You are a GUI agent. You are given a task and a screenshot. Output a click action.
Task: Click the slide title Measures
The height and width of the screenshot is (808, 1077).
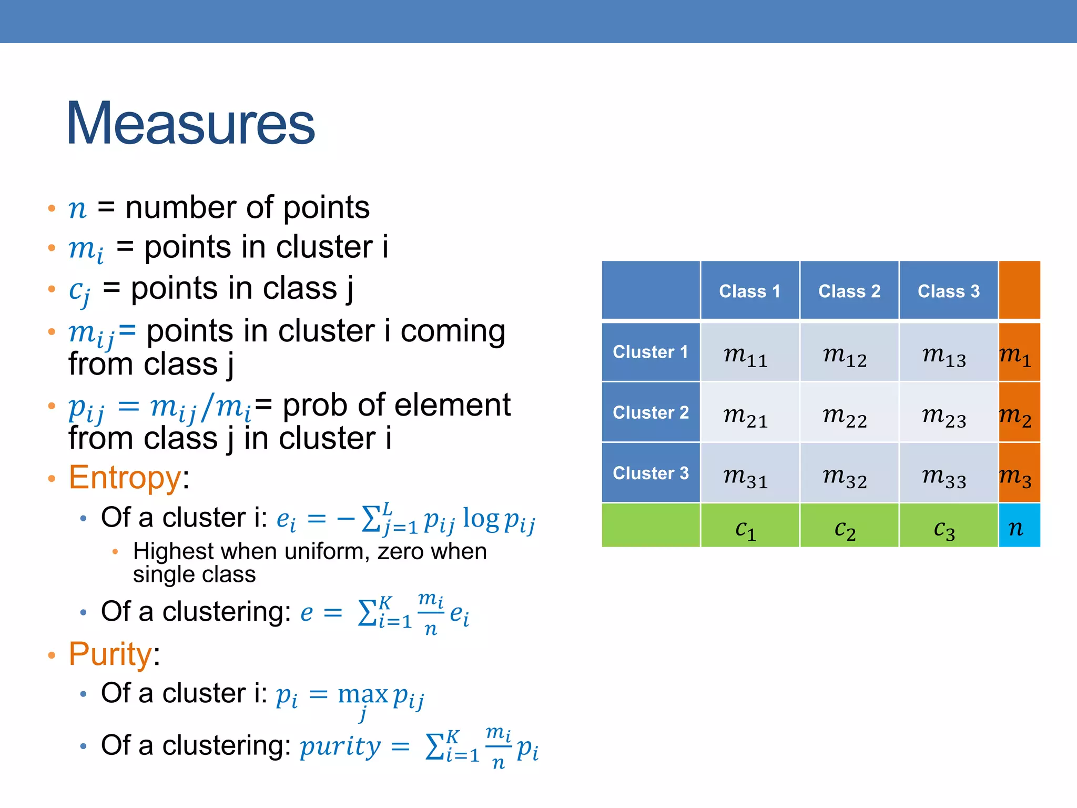190,124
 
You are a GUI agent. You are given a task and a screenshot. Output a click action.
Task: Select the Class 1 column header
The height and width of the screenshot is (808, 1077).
749,291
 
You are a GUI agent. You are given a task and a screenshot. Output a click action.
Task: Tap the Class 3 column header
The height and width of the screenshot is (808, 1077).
948,291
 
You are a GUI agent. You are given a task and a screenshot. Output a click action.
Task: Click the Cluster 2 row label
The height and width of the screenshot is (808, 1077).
651,412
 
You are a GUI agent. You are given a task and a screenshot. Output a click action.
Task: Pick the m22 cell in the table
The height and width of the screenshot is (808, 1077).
845,416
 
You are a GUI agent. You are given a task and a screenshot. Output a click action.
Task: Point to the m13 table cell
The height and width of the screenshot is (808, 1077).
944,355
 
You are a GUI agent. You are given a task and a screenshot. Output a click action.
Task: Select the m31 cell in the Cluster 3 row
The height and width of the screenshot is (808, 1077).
745,476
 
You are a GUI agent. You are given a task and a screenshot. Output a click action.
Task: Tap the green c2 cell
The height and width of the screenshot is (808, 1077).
845,528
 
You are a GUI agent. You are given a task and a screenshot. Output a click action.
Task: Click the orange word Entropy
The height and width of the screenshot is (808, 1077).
125,478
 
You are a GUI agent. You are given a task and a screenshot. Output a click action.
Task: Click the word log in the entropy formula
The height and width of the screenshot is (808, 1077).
481,519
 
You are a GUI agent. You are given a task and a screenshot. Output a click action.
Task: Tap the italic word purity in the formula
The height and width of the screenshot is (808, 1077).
340,746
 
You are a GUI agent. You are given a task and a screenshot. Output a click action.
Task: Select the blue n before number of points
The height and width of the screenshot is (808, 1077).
77,209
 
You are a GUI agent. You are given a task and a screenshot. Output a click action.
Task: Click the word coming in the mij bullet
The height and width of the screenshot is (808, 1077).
453,331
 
